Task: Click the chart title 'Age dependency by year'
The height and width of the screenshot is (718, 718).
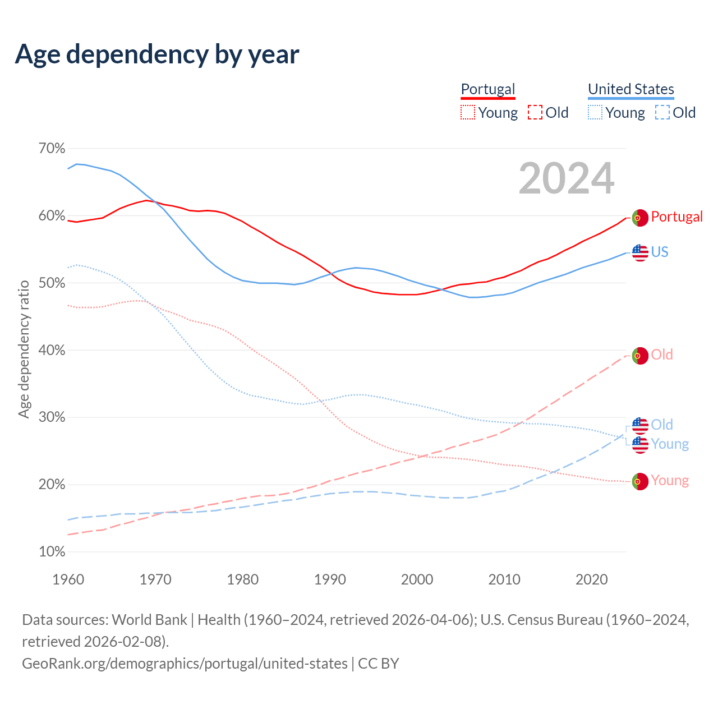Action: pyautogui.click(x=157, y=54)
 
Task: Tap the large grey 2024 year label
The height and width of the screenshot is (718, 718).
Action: pyautogui.click(x=567, y=178)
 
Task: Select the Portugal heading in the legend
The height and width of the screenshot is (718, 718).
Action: pyautogui.click(x=487, y=89)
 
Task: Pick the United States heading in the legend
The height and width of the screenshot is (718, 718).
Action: pyautogui.click(x=630, y=89)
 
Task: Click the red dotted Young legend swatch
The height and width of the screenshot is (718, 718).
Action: pyautogui.click(x=467, y=112)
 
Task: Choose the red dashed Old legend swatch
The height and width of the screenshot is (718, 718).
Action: pyautogui.click(x=535, y=112)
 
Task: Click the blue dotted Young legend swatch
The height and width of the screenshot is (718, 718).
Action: pyautogui.click(x=595, y=112)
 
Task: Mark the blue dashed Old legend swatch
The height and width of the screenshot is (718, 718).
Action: pyautogui.click(x=662, y=112)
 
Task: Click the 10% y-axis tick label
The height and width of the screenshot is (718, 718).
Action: pyautogui.click(x=52, y=552)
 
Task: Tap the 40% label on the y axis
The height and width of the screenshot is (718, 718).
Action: pyautogui.click(x=52, y=351)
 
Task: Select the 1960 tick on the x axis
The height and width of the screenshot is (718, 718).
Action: pyautogui.click(x=68, y=579)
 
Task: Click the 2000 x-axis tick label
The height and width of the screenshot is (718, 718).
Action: pyautogui.click(x=417, y=579)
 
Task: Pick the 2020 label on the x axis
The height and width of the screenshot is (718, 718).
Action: pyautogui.click(x=592, y=579)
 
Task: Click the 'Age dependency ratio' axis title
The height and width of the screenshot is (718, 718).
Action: pyautogui.click(x=24, y=349)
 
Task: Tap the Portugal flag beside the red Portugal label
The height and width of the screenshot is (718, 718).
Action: pyautogui.click(x=640, y=218)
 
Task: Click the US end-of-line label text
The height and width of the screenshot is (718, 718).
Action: pyautogui.click(x=660, y=252)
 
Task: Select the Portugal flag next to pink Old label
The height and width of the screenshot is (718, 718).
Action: pyautogui.click(x=640, y=356)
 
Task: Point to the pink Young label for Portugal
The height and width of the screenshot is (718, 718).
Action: pyautogui.click(x=670, y=481)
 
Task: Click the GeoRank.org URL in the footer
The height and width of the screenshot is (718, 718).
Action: pyautogui.click(x=185, y=664)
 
